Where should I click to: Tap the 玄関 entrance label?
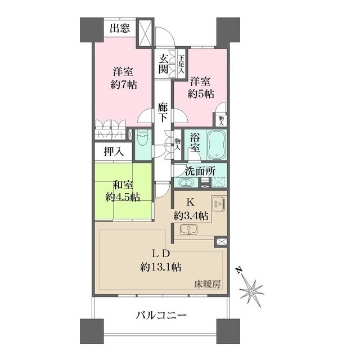163,63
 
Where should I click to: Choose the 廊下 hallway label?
163,112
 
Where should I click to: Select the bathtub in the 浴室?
216,145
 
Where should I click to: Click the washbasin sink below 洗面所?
185,183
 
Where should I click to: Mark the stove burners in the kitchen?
218,204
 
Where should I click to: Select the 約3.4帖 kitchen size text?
191,215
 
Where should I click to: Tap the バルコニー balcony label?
161,316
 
